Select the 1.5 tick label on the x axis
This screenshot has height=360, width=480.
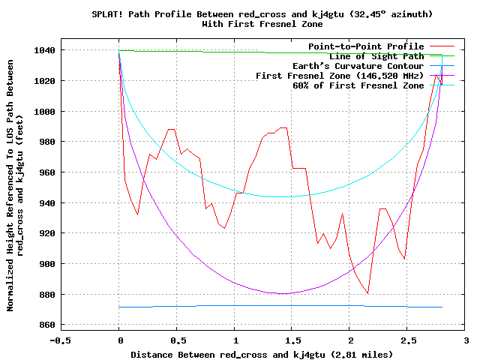[350, 340]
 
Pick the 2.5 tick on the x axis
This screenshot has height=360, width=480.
[407, 325]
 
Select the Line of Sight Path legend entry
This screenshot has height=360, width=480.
[376, 56]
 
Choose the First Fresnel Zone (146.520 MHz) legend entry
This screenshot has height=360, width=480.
[340, 76]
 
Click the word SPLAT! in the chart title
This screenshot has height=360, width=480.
[108, 14]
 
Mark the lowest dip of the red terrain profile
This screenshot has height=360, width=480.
[367, 293]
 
